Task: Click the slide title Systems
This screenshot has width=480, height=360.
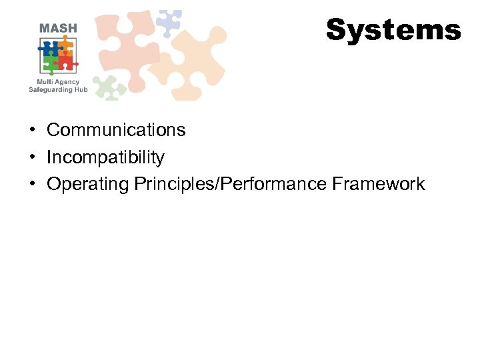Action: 393,30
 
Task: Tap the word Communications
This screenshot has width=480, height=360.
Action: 116,129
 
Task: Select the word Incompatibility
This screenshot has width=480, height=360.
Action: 105,157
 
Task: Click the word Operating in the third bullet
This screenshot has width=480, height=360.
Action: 87,184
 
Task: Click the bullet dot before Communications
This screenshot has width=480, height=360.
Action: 32,130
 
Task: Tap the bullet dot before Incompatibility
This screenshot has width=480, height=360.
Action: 32,158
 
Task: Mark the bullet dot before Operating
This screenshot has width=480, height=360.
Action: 32,185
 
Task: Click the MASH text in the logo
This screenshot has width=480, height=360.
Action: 58,28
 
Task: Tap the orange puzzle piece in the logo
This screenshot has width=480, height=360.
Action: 65,47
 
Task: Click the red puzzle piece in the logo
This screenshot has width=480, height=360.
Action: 66,63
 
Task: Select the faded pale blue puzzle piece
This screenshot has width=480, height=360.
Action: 168,22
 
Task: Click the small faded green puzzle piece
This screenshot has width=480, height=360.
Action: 109,87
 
